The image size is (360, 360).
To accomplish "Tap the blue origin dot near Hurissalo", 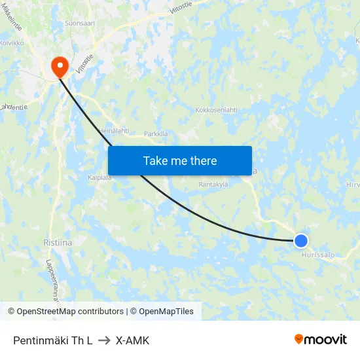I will (x=300, y=241).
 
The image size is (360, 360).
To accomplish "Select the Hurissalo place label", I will (x=318, y=255).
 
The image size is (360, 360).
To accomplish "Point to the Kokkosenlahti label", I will (x=216, y=110).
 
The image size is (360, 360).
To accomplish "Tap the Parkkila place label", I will (x=156, y=134).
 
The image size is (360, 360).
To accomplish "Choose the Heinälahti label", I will (x=113, y=131).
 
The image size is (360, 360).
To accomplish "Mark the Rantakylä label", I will (x=213, y=185).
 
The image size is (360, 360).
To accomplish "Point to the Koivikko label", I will (x=12, y=43).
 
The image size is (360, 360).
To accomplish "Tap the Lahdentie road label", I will (x=13, y=106).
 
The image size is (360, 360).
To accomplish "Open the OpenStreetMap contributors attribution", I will (x=70, y=312).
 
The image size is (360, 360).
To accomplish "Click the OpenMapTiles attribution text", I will (x=166, y=312).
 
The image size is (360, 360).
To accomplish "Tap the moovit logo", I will (x=321, y=340).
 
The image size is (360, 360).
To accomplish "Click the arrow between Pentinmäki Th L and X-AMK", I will (x=104, y=340).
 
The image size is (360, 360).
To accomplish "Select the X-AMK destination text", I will (x=132, y=340).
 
